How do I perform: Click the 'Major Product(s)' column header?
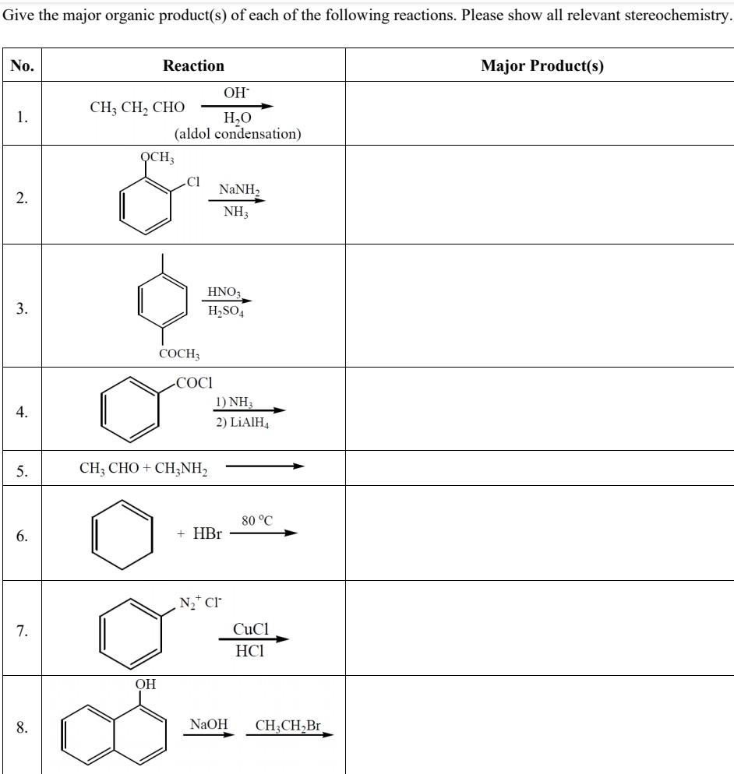(x=542, y=66)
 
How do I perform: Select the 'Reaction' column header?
(x=193, y=66)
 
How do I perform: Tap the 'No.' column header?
(x=23, y=66)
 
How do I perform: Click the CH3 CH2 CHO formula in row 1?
(x=137, y=107)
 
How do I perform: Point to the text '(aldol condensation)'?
(x=238, y=134)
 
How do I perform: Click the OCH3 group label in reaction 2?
(x=157, y=157)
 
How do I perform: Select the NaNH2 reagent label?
(x=239, y=190)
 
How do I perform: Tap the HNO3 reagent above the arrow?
(x=224, y=293)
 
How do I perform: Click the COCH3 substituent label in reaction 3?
(x=179, y=354)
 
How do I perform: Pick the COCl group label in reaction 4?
(x=194, y=383)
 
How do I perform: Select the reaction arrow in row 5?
(x=264, y=467)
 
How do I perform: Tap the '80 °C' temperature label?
(x=257, y=520)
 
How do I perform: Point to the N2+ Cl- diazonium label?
(x=200, y=602)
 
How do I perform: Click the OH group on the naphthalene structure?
(x=146, y=684)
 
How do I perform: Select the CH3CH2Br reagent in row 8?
(x=288, y=726)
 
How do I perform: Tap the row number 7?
(x=23, y=631)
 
